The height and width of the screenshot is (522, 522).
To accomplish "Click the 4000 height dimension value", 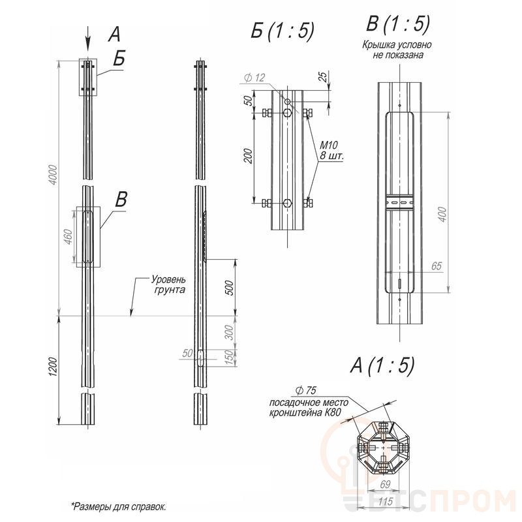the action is (54, 176).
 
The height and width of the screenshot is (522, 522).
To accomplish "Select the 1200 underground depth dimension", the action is (54, 367).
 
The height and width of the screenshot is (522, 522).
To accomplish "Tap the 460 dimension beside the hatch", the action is (69, 237).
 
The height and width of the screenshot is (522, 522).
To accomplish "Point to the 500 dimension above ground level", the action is (230, 288).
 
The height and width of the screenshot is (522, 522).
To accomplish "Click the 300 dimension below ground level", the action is (230, 333).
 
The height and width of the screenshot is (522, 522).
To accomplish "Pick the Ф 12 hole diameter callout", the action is (254, 78).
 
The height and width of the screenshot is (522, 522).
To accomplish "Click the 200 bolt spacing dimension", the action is (249, 156).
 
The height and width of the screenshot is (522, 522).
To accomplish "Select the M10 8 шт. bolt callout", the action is (331, 150).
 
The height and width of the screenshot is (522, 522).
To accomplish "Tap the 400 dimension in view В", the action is (442, 215).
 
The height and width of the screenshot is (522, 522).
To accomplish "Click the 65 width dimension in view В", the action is (436, 266).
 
